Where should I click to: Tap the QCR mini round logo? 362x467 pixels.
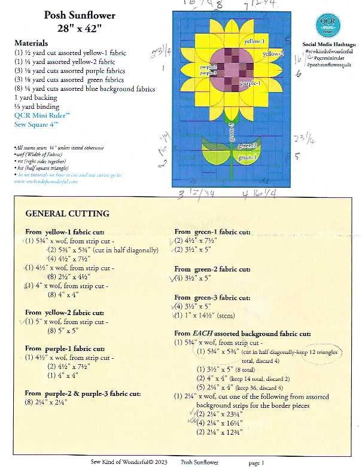(x=326, y=26)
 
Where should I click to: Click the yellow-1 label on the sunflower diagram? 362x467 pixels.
(x=255, y=41)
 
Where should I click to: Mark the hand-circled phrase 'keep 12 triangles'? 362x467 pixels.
(x=314, y=352)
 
